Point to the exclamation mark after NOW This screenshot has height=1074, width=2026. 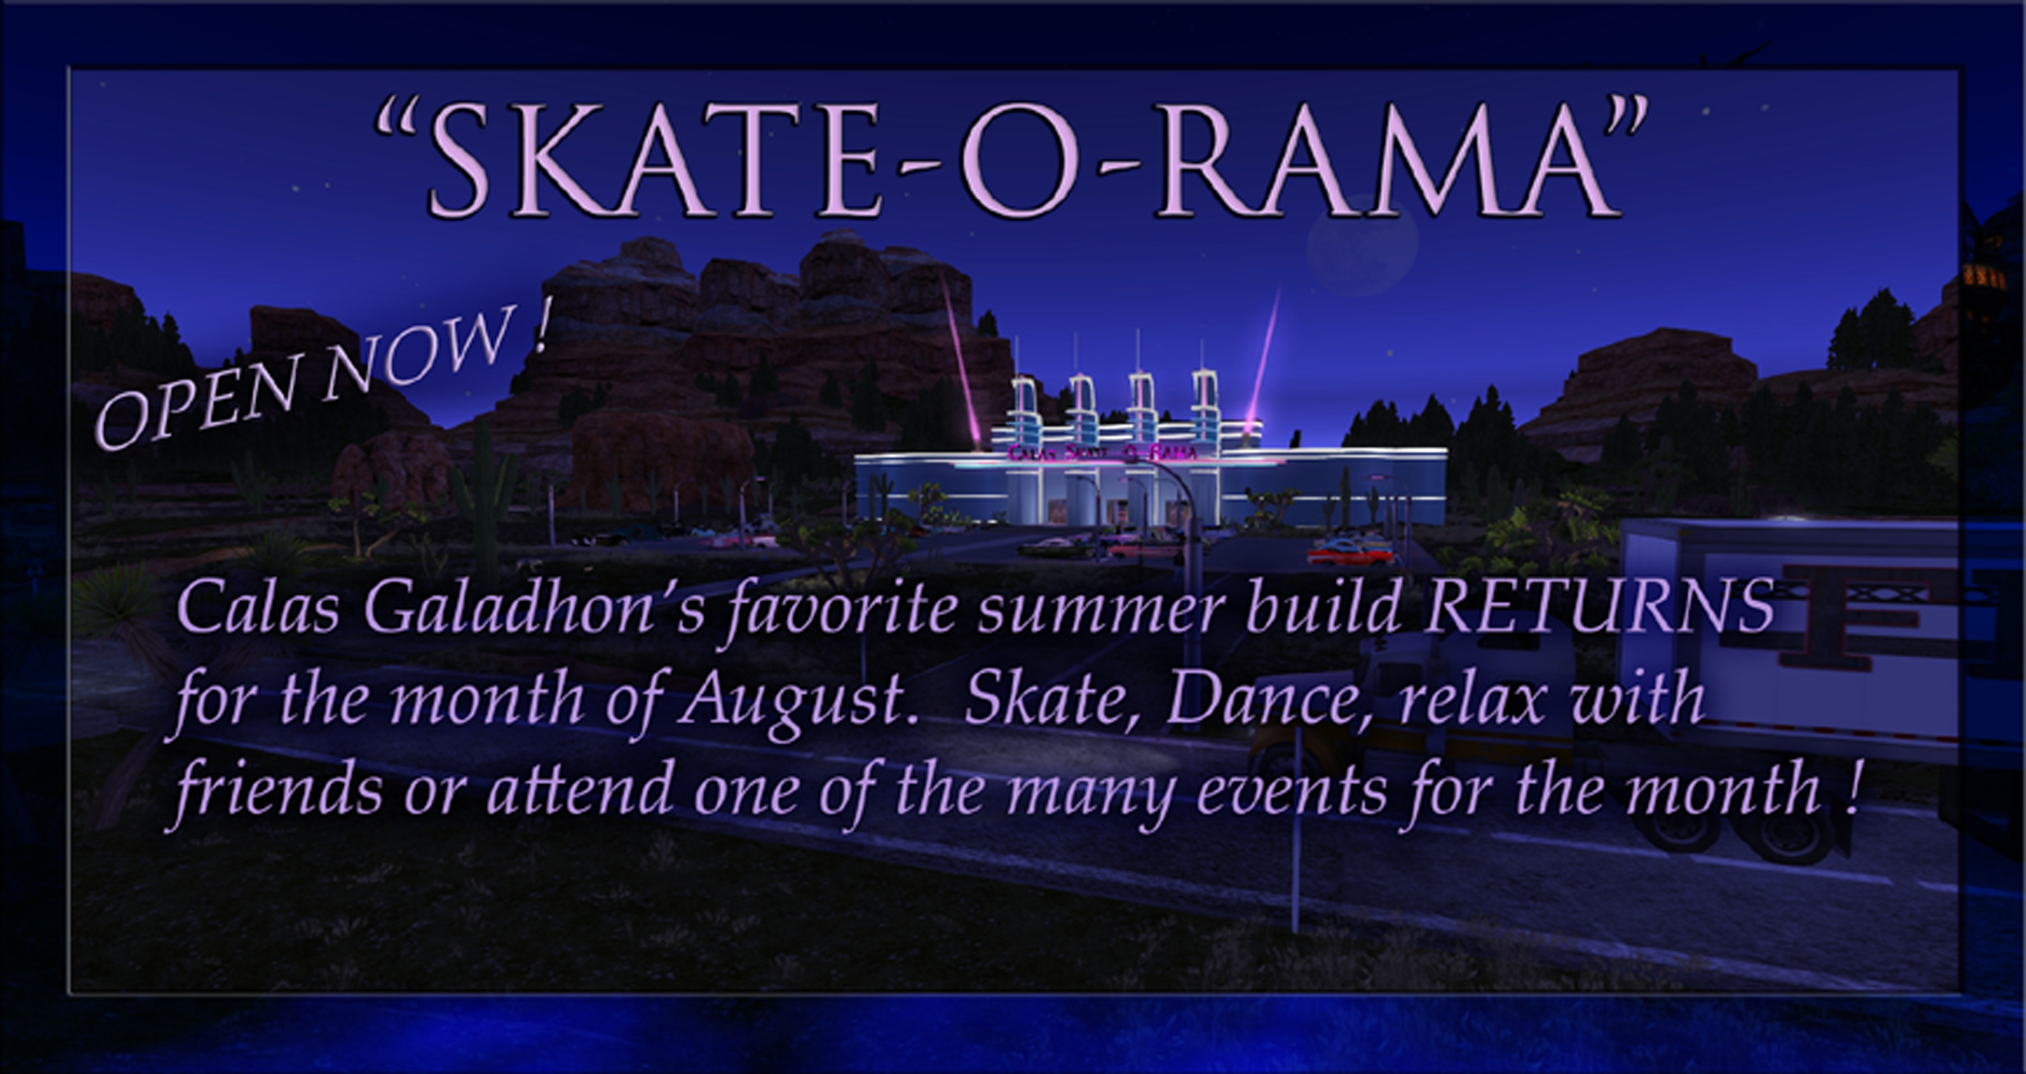(x=540, y=326)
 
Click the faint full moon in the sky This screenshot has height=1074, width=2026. (x=1362, y=244)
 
